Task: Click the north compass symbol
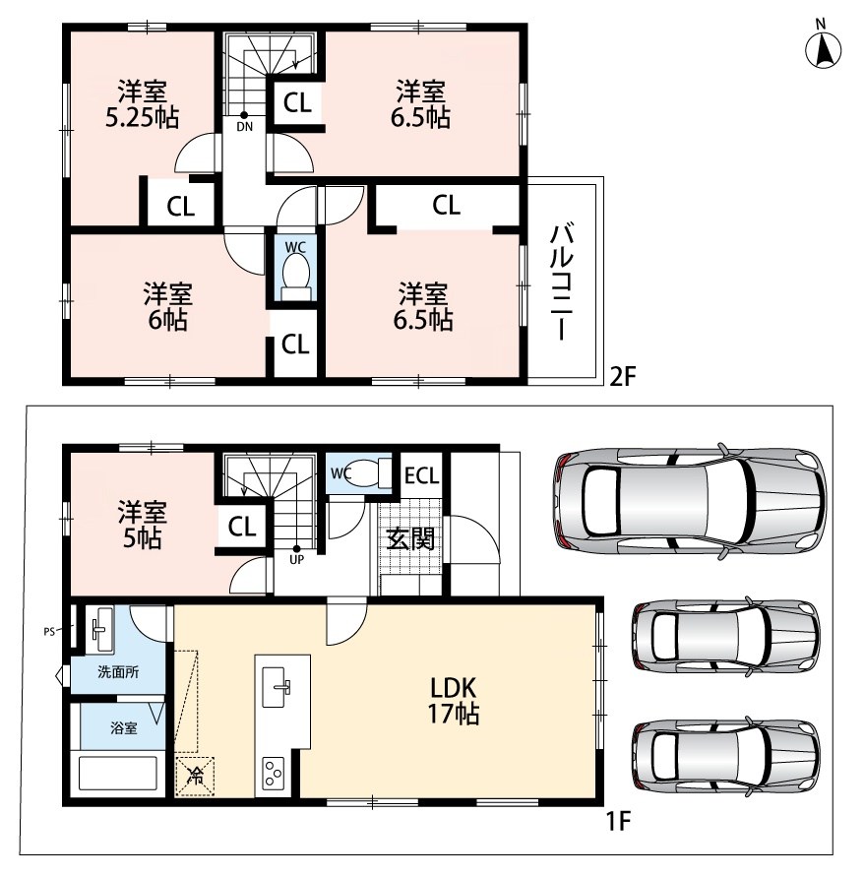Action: [x=823, y=48]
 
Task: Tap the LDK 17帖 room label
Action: [x=453, y=700]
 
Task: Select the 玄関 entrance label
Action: [x=410, y=539]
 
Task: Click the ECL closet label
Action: [x=421, y=476]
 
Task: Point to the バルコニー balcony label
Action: [x=562, y=282]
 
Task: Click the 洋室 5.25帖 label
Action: [x=142, y=104]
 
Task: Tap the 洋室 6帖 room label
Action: [x=167, y=307]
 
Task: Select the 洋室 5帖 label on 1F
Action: [x=142, y=525]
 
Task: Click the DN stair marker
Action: [x=244, y=122]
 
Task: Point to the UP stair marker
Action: [x=296, y=554]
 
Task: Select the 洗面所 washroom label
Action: [x=118, y=671]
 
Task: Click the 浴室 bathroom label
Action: [x=124, y=728]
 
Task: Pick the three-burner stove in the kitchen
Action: [x=274, y=774]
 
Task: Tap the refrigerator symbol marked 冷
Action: [x=195, y=777]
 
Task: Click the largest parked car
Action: [x=690, y=502]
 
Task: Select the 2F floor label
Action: [x=622, y=376]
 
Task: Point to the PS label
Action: [x=49, y=632]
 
